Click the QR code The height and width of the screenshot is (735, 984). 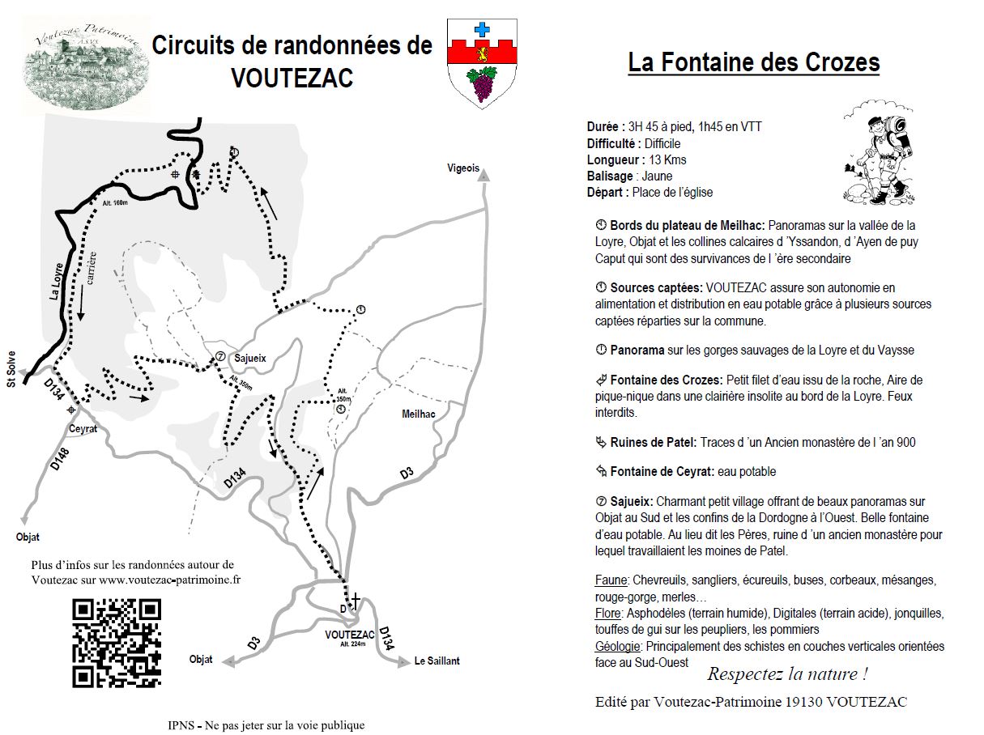point(117,644)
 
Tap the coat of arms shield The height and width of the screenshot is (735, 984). point(483,63)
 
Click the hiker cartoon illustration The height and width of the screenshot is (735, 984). point(879,153)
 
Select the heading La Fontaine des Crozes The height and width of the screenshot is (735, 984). point(753,62)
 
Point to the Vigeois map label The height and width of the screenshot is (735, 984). point(463,168)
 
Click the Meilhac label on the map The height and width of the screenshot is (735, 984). point(419,414)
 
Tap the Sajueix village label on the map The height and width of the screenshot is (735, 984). point(249,357)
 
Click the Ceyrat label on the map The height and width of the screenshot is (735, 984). point(83,429)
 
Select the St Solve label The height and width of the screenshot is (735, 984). point(11,372)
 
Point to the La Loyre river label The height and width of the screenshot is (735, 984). point(56,276)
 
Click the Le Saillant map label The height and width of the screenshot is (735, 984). point(437,661)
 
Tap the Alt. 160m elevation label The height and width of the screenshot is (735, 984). point(115,202)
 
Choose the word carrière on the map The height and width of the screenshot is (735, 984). point(91,267)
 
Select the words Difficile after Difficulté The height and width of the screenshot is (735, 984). point(662,143)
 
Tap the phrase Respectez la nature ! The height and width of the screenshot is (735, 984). point(787,674)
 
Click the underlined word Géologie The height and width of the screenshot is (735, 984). point(618,646)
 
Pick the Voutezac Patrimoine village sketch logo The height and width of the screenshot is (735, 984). point(87,70)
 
